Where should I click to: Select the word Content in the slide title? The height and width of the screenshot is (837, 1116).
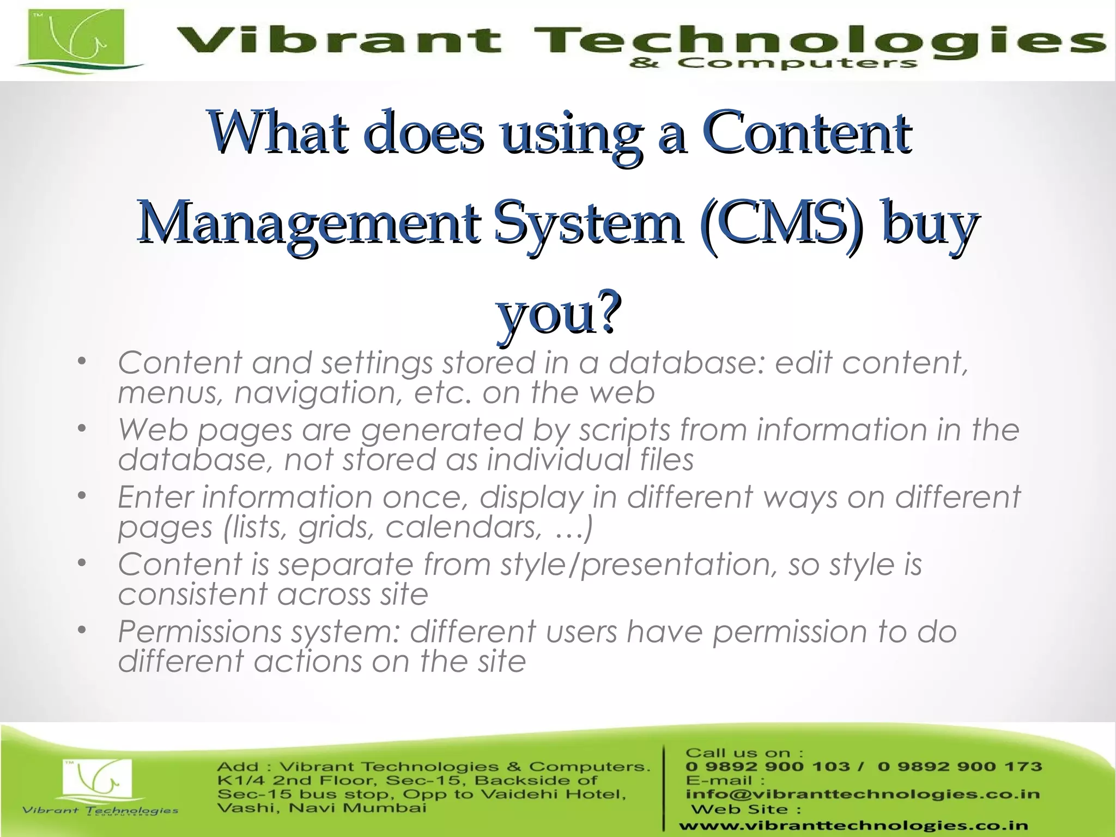806,132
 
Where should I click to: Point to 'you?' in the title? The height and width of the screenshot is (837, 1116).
559,313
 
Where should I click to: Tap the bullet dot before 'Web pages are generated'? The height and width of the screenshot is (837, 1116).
82,429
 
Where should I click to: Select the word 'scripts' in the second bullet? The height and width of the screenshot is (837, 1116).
624,430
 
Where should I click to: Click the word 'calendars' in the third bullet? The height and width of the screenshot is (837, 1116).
464,527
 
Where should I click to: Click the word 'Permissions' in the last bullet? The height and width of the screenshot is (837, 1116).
199,632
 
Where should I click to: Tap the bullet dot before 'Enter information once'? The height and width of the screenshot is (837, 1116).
82,496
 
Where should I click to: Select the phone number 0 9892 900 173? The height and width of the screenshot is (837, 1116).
960,767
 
